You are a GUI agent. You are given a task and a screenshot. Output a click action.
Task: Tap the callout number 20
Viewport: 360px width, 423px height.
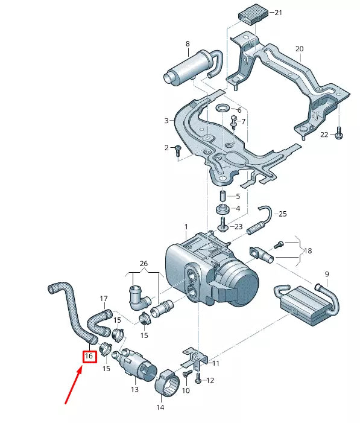(x=299, y=49)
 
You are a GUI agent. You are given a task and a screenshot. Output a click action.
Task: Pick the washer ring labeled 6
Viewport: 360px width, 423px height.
(x=223, y=109)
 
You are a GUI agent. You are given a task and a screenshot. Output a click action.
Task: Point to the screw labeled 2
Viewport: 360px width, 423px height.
(x=178, y=150)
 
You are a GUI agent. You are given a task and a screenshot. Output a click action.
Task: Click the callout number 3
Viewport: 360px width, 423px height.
(x=166, y=121)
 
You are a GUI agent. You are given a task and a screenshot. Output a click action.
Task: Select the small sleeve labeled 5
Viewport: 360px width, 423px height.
(x=221, y=197)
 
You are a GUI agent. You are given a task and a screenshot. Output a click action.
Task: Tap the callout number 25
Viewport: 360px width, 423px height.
(x=282, y=214)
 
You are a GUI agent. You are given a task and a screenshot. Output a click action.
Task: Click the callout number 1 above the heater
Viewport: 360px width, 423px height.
(x=186, y=227)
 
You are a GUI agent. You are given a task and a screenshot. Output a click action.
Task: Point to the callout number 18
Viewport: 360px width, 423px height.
(x=308, y=250)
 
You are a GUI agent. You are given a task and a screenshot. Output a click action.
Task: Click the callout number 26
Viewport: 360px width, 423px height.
(x=143, y=263)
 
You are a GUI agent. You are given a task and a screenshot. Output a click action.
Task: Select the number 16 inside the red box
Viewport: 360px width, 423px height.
(x=89, y=357)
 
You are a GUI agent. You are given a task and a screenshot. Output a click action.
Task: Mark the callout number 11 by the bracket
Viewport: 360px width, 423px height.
(x=216, y=363)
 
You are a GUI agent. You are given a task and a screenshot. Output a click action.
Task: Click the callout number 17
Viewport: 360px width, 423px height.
(x=103, y=298)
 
